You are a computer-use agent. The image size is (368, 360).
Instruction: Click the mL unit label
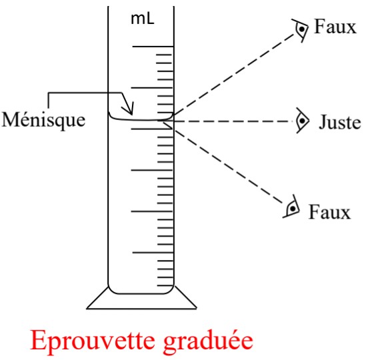point(143,19)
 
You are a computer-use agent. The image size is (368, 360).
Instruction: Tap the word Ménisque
point(43,120)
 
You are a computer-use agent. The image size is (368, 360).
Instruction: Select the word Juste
point(339,121)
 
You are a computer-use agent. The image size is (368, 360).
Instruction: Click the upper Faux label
point(335,27)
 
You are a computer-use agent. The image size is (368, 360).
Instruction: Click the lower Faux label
point(329,212)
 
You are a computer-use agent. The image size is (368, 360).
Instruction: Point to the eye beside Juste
point(302,121)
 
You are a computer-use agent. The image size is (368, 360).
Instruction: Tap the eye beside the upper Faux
point(300,30)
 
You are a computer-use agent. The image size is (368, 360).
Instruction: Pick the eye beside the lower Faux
point(291,207)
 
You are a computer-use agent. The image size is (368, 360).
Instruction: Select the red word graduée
point(208,341)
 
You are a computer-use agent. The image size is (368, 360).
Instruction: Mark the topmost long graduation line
point(153,47)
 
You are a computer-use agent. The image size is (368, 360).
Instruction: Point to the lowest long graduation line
point(153,253)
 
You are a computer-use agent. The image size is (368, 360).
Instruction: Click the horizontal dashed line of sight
point(233,121)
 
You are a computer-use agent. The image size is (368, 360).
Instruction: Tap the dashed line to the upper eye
point(234,75)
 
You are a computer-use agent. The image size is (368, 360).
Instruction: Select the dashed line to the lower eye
point(228,166)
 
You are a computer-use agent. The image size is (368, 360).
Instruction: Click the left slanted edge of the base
point(97,297)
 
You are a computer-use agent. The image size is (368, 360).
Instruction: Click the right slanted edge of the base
point(185,297)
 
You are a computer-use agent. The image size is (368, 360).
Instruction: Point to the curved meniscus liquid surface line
point(141,120)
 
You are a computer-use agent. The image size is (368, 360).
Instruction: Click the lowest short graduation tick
point(165,286)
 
